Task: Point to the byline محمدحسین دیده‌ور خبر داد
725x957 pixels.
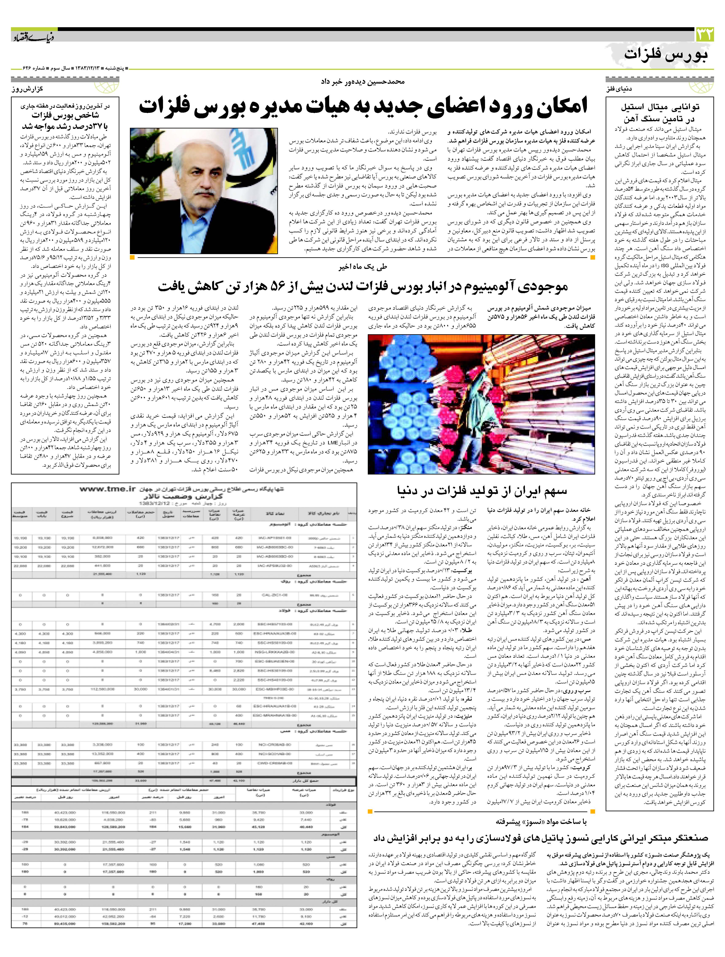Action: [x=362, y=81]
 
